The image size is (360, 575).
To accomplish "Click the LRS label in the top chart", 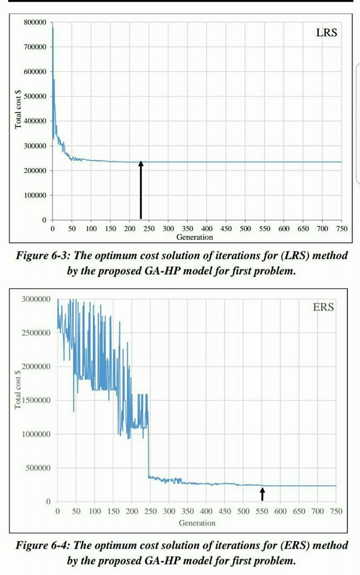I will coord(326,33).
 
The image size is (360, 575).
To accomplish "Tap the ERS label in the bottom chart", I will coord(323,308).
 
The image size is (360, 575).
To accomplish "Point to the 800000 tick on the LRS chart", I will coord(35,22).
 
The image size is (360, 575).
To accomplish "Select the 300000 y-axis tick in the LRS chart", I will coord(35,146).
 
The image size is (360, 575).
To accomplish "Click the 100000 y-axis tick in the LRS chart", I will coord(35,196).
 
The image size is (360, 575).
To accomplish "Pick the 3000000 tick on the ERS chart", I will coord(37,298).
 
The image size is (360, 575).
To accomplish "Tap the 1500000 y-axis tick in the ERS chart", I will coord(37,400).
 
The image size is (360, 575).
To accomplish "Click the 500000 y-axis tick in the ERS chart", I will coord(38,468).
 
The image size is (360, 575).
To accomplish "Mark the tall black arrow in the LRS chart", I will coord(141,190).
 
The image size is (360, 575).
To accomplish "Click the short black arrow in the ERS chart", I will coord(262,494).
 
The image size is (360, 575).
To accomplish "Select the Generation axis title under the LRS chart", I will coord(194,237).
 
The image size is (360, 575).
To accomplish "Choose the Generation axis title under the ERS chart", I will coord(196,523).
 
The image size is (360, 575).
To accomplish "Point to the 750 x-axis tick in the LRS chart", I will coord(342,229).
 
